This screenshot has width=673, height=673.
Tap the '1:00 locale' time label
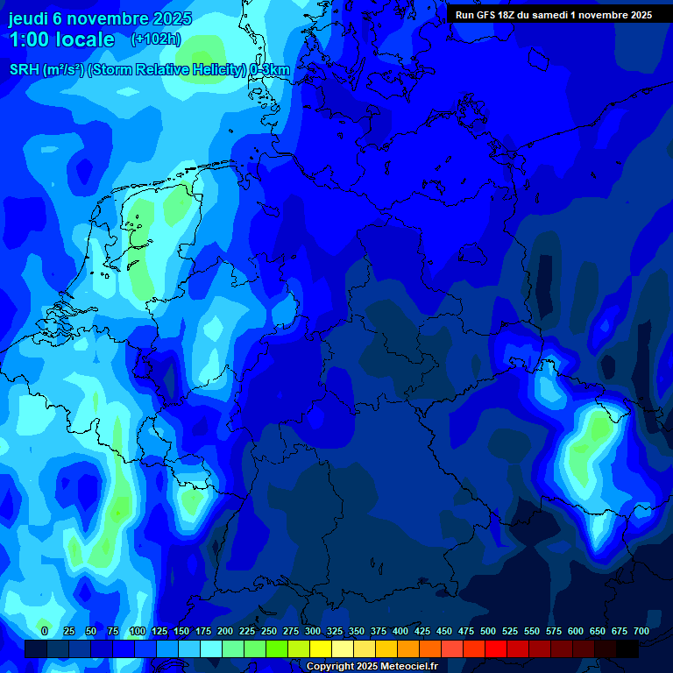click(x=61, y=39)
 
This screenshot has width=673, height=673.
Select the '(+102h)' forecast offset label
click(x=156, y=39)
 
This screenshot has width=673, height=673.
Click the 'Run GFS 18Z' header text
click(x=491, y=15)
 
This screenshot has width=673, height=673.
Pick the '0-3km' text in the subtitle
click(x=270, y=70)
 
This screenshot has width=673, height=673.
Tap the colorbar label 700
click(x=641, y=631)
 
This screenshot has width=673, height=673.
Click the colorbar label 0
click(x=45, y=631)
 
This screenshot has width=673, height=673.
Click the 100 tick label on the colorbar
click(x=137, y=631)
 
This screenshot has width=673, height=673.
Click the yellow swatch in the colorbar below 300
click(x=322, y=649)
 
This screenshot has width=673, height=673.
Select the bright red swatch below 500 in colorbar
click(x=497, y=649)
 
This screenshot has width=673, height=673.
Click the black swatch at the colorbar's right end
click(x=627, y=649)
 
